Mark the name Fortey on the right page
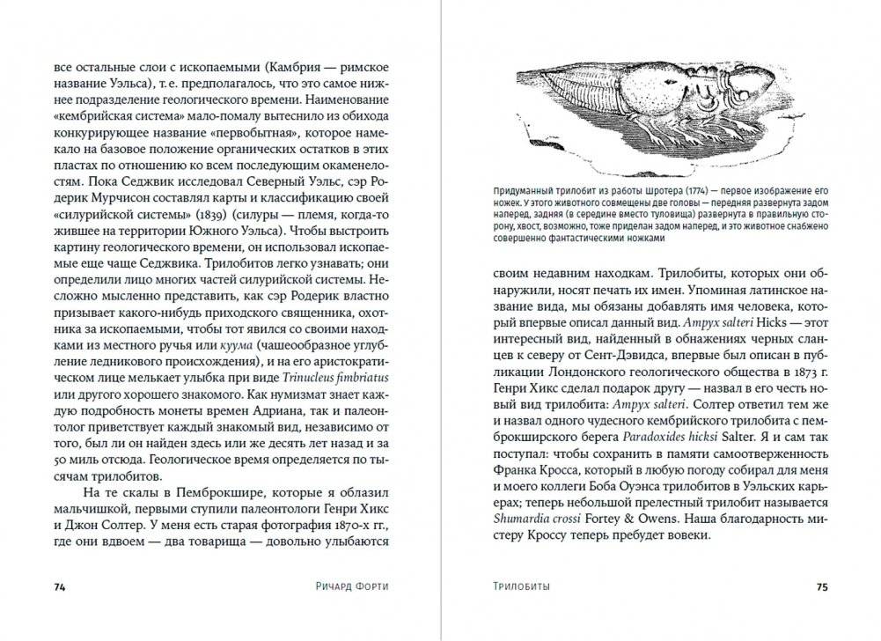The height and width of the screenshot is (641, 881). point(606,515)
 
